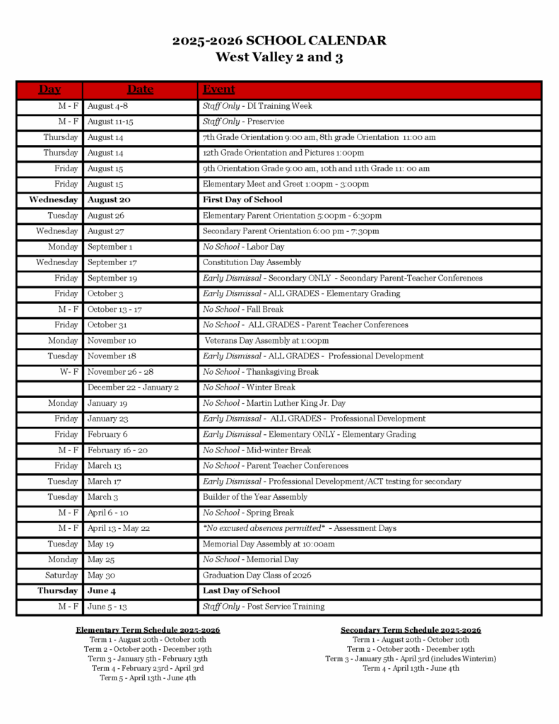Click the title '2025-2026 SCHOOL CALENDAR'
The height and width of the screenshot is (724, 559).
[x=279, y=40]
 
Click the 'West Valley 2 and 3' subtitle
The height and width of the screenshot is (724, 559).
[x=279, y=57]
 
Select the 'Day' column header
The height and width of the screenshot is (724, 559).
[x=49, y=90]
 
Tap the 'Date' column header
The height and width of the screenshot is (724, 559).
[x=140, y=90]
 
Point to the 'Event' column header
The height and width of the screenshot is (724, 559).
[x=219, y=90]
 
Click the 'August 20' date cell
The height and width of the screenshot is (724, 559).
[x=109, y=200]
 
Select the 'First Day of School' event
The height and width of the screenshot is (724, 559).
[x=242, y=200]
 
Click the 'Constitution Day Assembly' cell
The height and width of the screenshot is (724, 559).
[x=252, y=262]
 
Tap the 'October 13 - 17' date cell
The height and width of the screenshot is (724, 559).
[x=114, y=310]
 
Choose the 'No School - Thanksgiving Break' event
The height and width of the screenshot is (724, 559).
[x=261, y=372]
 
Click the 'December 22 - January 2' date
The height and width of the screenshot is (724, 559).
[x=133, y=387]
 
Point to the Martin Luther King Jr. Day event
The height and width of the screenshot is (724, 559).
[x=274, y=403]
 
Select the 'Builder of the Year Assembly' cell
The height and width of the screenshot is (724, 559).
[x=255, y=497]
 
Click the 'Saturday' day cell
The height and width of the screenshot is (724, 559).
[x=61, y=575]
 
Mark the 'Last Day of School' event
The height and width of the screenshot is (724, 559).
[x=241, y=590]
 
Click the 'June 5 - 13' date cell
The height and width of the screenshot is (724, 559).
[x=107, y=606]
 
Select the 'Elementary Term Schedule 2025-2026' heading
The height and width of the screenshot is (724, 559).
[x=148, y=629]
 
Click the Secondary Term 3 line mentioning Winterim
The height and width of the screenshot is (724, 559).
[x=411, y=659]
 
